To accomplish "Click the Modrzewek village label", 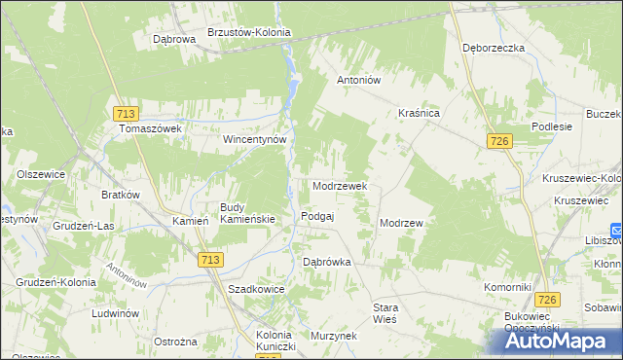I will point(339,185).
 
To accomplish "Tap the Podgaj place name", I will point(318,216).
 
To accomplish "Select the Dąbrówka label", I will point(326,262).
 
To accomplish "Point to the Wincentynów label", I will point(254,139).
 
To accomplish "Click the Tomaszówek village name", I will point(152,128).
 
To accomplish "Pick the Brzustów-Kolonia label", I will point(249,32).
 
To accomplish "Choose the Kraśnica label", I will point(420,114).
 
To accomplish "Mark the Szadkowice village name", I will point(255,290).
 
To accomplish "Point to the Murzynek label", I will point(333,335).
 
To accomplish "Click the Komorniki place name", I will point(507,288).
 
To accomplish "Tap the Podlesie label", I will point(551,127).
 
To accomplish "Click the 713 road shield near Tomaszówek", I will point(123,113).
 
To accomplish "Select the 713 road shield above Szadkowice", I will point(210,260).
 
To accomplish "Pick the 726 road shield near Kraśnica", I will point(500,142).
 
